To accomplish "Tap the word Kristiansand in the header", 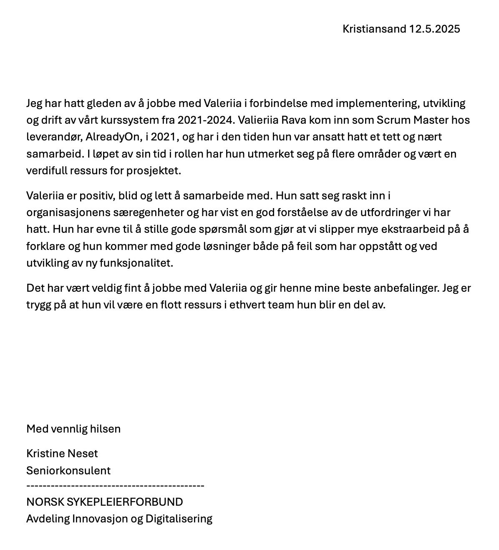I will click(x=374, y=29).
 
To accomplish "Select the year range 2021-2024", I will click(x=204, y=120).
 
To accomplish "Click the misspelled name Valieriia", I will click(x=257, y=120).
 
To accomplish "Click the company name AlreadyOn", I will click(x=112, y=137).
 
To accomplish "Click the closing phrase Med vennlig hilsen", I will click(x=73, y=429).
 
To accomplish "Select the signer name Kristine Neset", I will click(x=62, y=454).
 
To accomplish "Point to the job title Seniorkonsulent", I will click(x=68, y=471).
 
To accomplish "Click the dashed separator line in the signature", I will click(x=115, y=486).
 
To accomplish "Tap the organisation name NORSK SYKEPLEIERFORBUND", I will click(x=105, y=502).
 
